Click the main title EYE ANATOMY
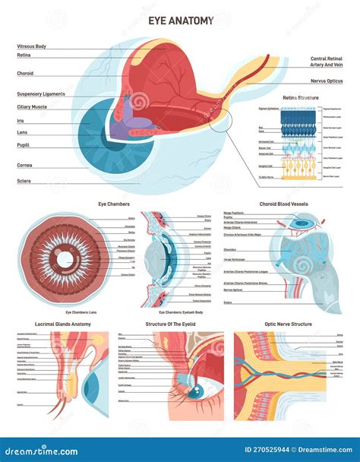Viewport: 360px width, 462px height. point(180,21)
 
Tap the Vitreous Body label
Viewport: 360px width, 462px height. point(32,46)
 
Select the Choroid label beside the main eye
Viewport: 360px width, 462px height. point(25,74)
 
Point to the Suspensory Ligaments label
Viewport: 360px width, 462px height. point(41,93)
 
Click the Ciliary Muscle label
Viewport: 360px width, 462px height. point(32,107)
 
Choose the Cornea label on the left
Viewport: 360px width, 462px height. point(25,164)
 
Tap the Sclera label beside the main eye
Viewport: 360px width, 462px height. point(24,181)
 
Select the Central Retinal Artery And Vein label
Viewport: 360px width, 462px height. point(327,62)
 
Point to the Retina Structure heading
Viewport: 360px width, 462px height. point(301,98)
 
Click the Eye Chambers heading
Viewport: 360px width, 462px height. point(114,204)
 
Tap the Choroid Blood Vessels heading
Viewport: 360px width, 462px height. point(285,204)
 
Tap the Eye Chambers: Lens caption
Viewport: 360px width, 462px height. point(80,312)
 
